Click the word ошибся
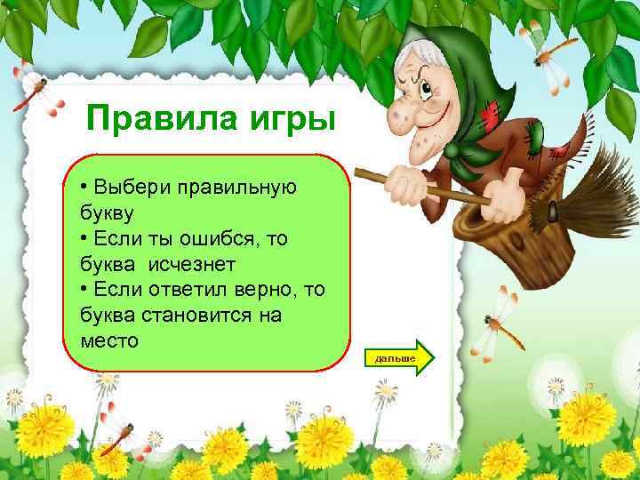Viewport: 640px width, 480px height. pyautogui.click(x=226, y=240)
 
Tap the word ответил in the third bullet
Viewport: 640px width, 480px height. pyautogui.click(x=204, y=289)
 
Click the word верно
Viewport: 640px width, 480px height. pyautogui.click(x=284, y=289)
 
